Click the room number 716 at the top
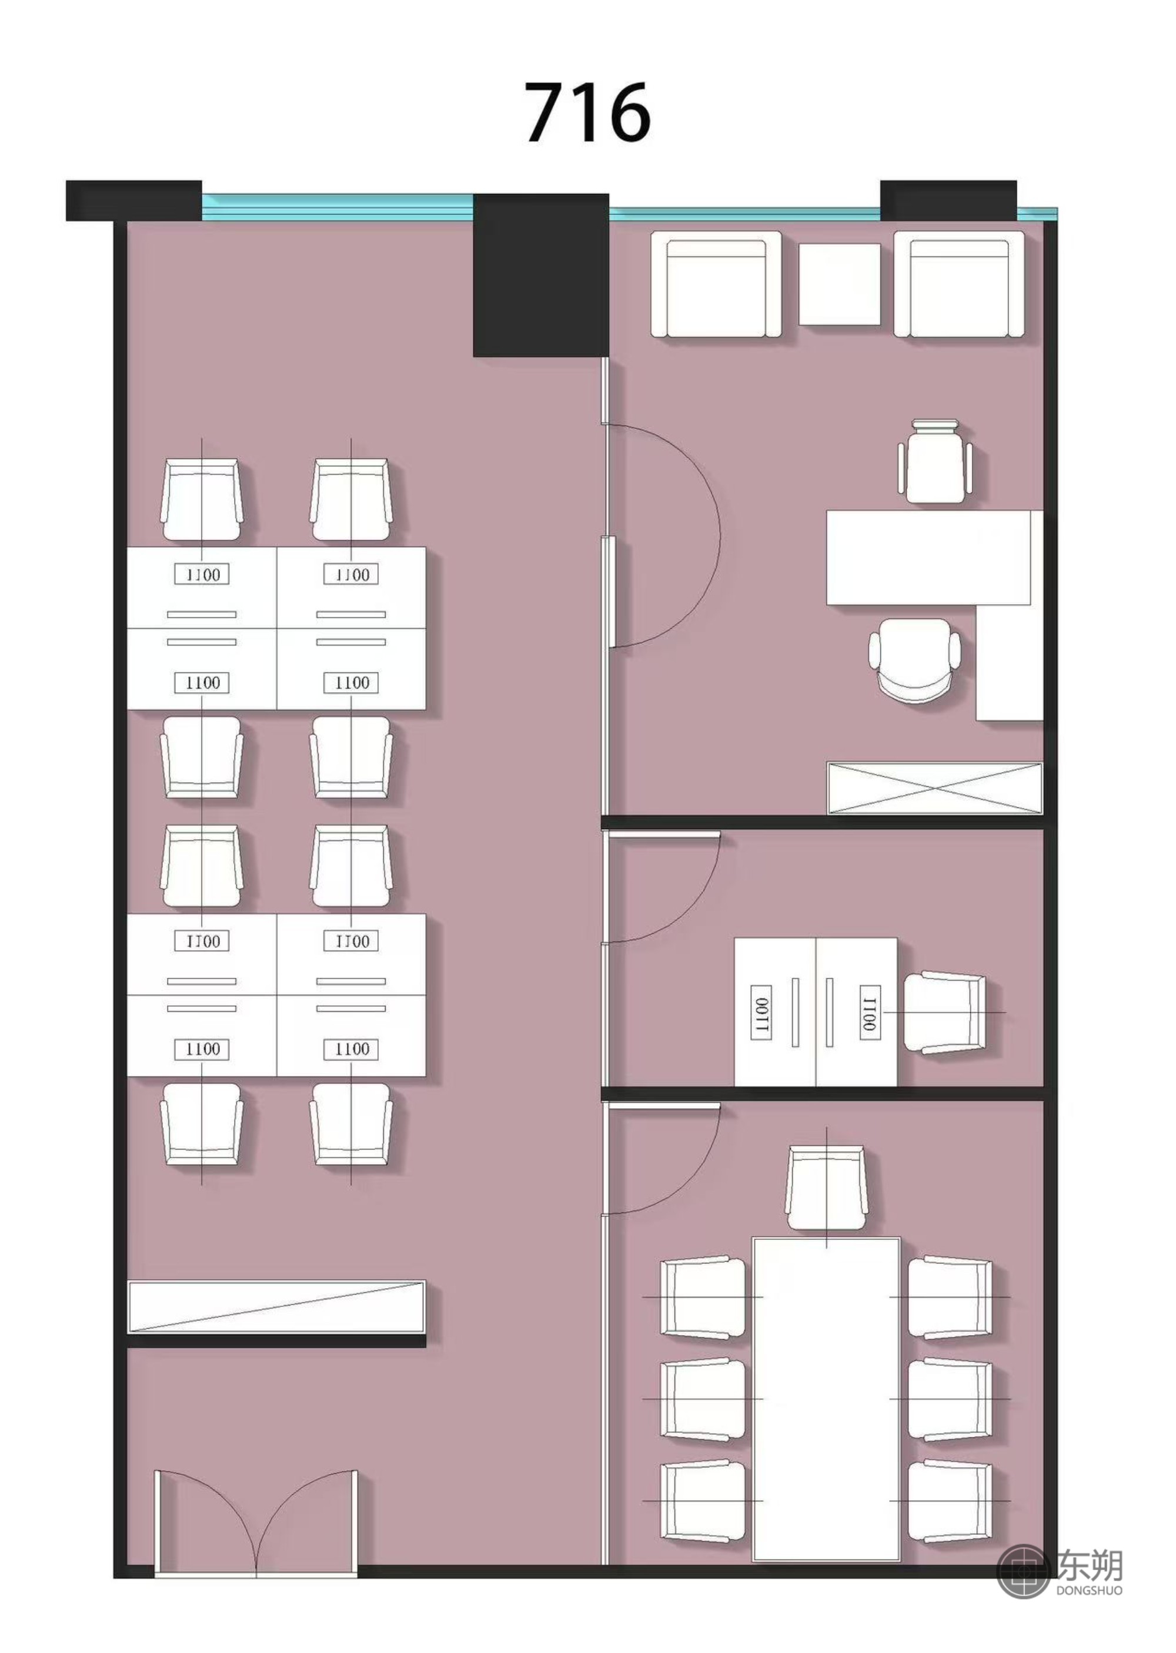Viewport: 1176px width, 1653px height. coord(587,112)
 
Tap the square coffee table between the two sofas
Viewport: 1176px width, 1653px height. coord(839,284)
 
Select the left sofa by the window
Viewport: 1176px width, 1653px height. coord(716,284)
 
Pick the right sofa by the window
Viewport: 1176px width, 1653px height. coord(959,284)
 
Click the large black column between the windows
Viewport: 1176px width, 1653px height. coord(540,275)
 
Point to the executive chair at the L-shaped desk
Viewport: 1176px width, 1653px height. coord(914,659)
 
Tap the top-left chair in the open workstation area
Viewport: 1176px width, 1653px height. coord(201,499)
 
